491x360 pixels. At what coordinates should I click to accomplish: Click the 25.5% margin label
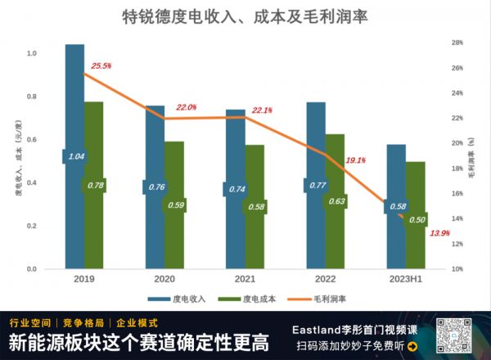(x=101, y=65)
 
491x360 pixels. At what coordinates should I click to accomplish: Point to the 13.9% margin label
(x=439, y=234)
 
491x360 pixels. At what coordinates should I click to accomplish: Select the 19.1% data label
(x=356, y=160)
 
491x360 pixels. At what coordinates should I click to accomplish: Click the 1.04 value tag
(x=75, y=156)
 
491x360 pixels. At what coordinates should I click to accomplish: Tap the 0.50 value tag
(x=417, y=219)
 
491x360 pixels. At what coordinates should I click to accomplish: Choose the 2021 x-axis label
(x=235, y=279)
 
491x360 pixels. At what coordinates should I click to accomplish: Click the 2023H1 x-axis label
(x=406, y=279)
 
